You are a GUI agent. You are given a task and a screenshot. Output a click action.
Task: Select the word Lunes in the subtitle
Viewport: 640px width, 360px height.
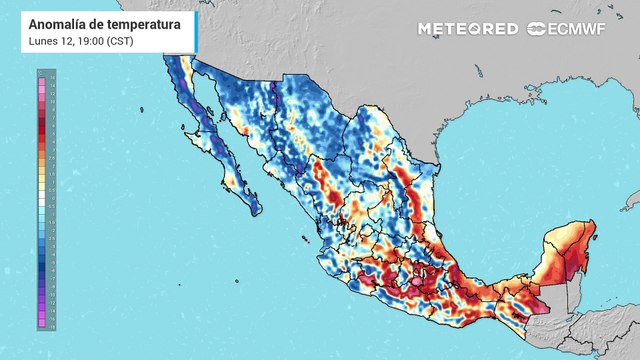[45, 40]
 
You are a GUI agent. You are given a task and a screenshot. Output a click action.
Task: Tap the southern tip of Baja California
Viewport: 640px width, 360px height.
[254, 209]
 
